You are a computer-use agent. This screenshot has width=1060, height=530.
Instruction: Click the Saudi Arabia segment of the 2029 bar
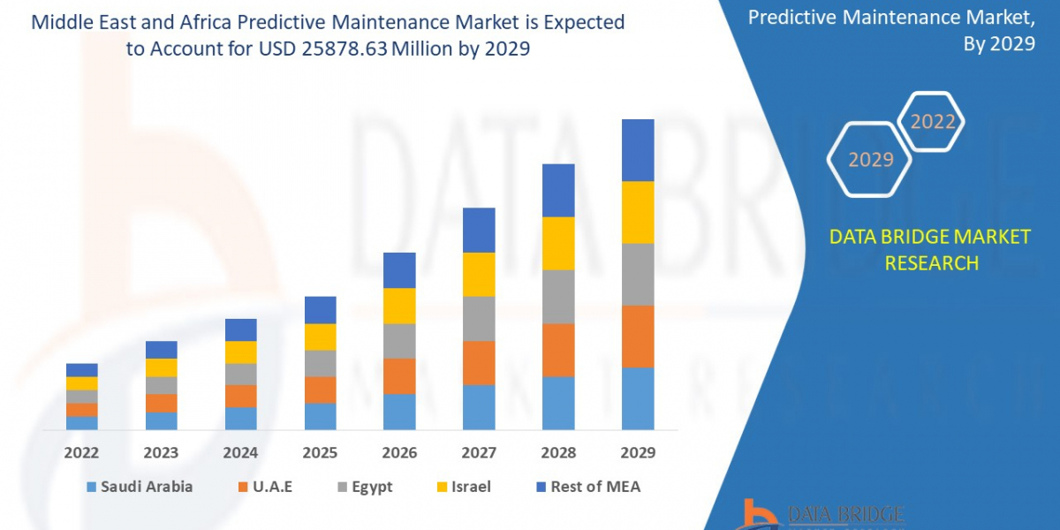coord(638,398)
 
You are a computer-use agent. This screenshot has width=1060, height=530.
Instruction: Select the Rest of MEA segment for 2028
coord(558,190)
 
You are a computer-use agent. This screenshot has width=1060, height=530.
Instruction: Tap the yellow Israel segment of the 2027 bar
coord(479,274)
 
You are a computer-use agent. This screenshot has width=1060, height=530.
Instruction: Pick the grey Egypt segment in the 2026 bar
coord(399,340)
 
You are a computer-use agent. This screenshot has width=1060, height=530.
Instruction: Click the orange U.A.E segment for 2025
coord(320,390)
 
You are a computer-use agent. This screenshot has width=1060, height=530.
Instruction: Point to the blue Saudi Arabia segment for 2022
coord(82,422)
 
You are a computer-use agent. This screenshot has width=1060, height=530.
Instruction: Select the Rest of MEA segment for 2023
coord(162,350)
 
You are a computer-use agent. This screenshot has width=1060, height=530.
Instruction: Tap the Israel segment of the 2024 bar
coord(240,352)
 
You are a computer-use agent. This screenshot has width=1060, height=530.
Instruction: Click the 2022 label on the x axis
coord(82,452)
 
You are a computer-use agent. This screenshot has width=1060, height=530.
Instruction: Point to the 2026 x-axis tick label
coord(399,452)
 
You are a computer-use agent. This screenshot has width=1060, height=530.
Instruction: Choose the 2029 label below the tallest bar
coord(638,452)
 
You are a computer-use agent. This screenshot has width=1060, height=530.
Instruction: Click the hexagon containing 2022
coord(933,122)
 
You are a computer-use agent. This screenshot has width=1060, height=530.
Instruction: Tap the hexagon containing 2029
coord(870,159)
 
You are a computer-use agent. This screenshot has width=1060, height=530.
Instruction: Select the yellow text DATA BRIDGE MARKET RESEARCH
coord(930,249)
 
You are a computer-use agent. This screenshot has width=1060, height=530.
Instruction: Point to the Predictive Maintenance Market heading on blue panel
coord(891,17)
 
